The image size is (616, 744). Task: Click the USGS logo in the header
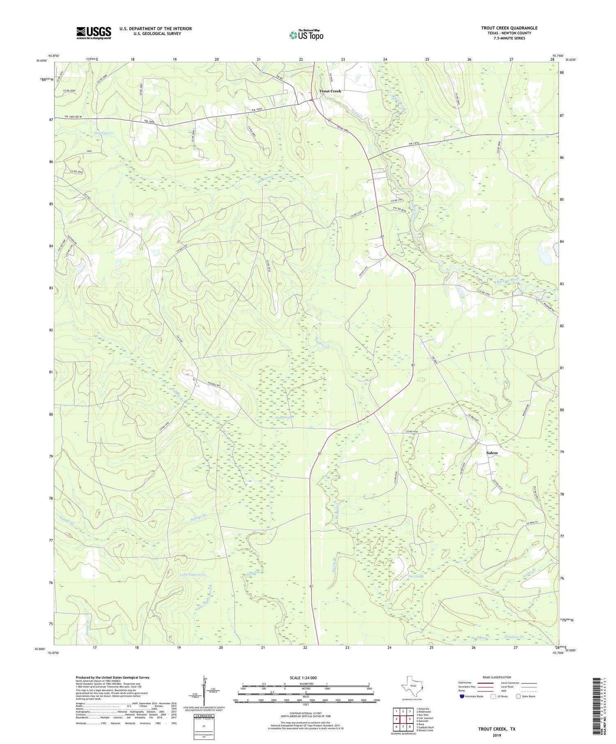(x=94, y=33)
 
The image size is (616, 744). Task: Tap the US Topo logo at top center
(x=306, y=35)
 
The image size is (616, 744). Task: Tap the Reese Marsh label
(x=479, y=638)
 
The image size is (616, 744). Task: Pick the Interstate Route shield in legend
(x=462, y=696)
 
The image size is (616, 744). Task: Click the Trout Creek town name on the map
(x=330, y=91)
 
